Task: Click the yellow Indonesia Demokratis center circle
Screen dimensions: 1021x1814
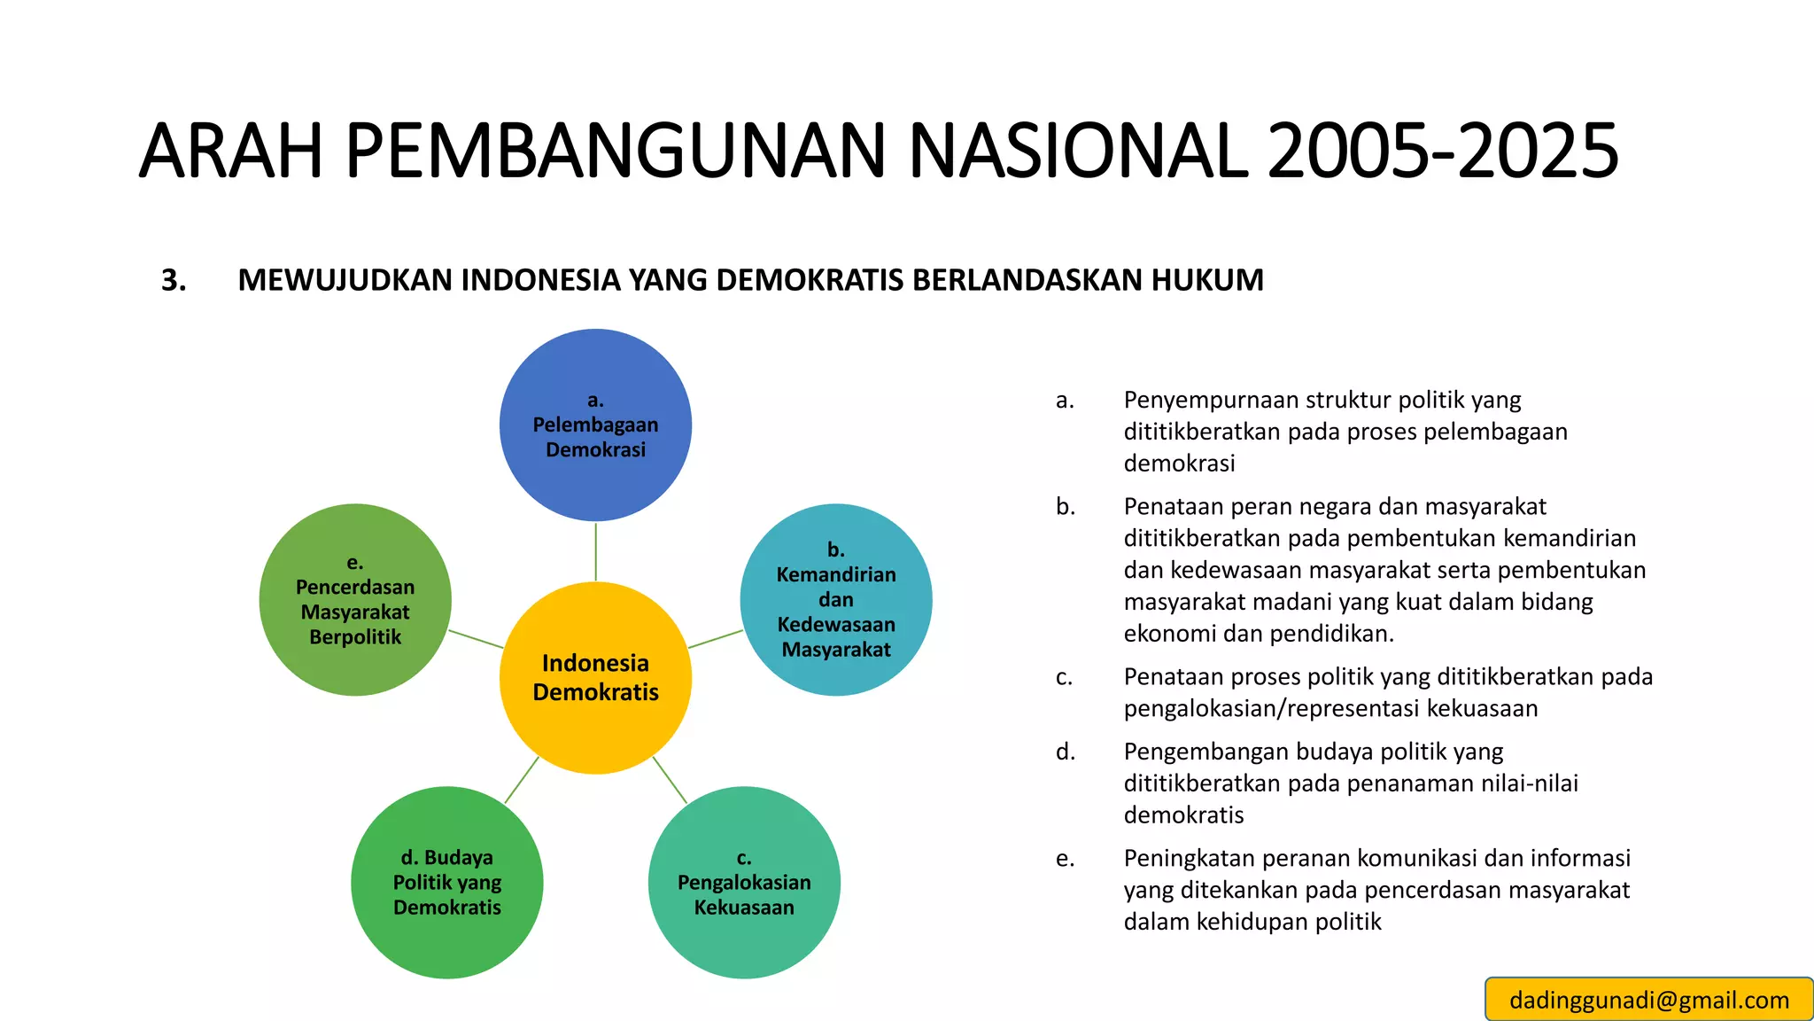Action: pos(595,677)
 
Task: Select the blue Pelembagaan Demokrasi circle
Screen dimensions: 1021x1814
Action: pos(595,425)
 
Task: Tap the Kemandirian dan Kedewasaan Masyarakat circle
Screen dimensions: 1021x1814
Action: pos(835,599)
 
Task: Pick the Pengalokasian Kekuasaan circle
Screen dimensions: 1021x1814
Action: pos(744,882)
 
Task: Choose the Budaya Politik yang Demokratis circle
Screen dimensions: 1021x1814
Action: pos(446,882)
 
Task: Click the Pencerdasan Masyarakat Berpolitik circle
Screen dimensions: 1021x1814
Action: pos(355,599)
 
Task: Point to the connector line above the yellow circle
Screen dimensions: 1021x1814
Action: pos(595,551)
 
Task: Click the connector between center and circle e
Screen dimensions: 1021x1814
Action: pos(477,639)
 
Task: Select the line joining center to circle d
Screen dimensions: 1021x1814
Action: pos(522,780)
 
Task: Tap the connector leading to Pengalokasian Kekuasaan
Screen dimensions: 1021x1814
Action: pos(670,780)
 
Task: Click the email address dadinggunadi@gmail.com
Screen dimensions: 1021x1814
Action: pos(1649,1000)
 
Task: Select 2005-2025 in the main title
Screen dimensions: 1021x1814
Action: pos(1443,151)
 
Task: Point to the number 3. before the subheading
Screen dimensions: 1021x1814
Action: pos(174,280)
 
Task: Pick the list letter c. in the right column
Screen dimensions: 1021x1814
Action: pos(1065,677)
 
